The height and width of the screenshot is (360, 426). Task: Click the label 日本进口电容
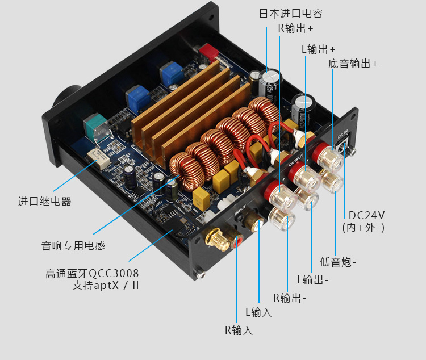point(291,14)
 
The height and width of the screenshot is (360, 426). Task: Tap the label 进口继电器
point(45,202)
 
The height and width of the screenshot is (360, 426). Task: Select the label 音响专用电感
point(73,246)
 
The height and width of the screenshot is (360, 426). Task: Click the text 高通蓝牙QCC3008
point(92,273)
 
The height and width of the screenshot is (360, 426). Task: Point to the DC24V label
point(366,215)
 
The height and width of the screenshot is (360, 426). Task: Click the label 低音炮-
point(338,262)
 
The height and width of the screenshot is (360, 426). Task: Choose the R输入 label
point(239,330)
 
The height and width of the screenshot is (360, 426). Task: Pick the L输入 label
point(258,312)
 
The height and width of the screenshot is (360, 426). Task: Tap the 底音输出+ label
point(353,64)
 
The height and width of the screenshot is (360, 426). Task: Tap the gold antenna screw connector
point(216,239)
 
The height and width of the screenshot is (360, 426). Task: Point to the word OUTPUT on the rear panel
point(296,160)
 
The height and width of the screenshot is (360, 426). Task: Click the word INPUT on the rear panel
point(240,210)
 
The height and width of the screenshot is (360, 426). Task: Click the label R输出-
point(290,298)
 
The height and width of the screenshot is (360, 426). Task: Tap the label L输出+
point(319,49)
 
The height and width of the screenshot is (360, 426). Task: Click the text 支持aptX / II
point(106,285)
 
